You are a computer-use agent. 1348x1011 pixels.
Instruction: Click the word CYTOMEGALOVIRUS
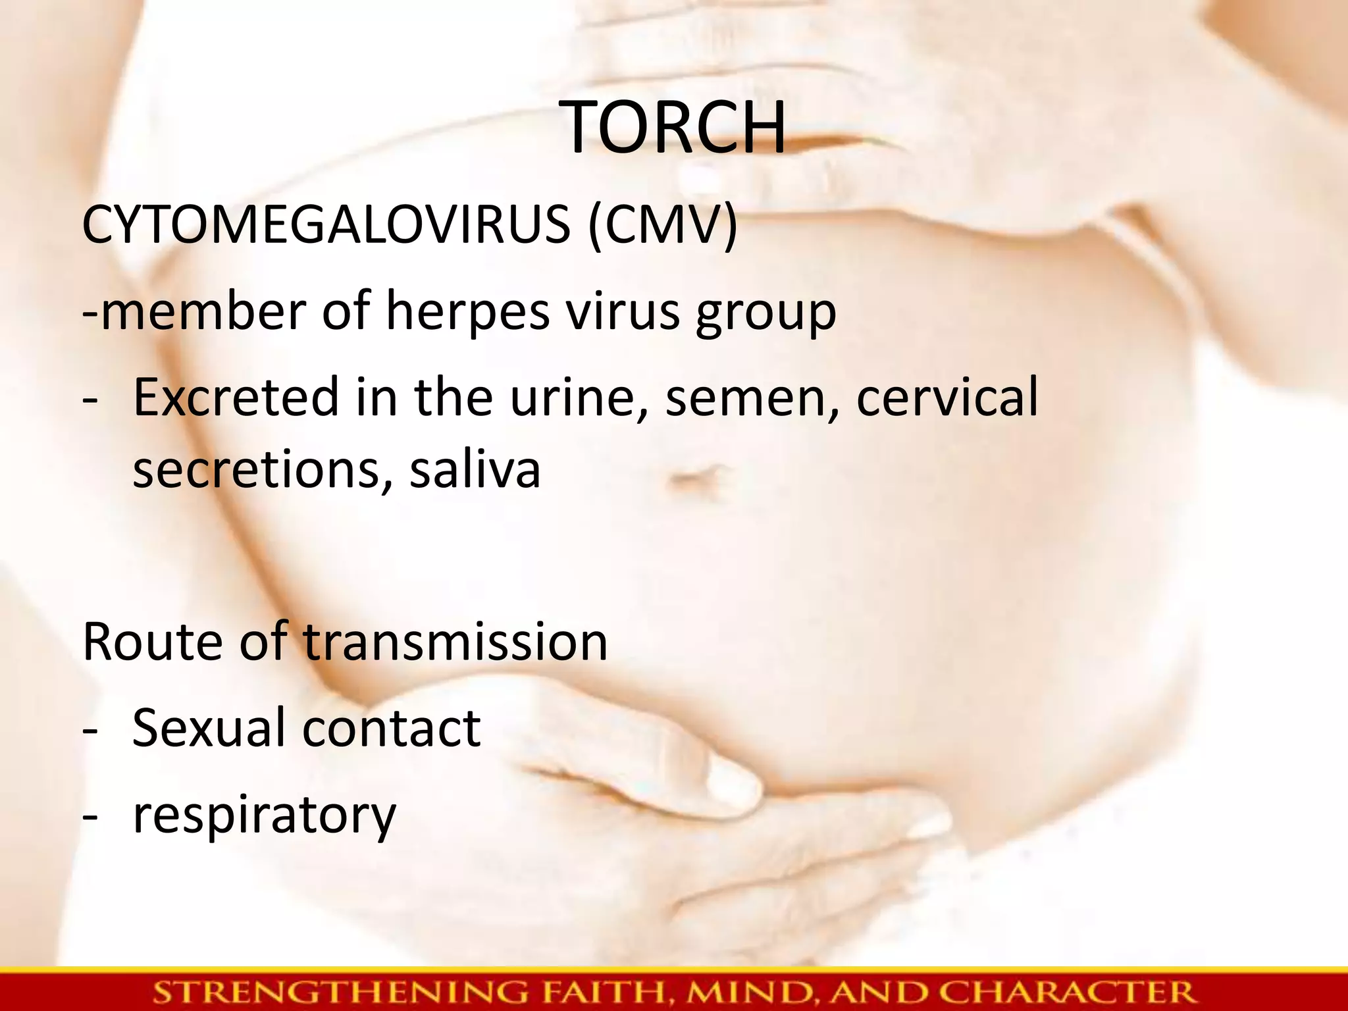click(326, 224)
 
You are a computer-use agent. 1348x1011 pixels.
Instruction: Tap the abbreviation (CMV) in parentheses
click(663, 224)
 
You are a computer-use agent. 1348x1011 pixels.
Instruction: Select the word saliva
click(475, 470)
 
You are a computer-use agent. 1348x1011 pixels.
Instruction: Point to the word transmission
click(455, 642)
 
